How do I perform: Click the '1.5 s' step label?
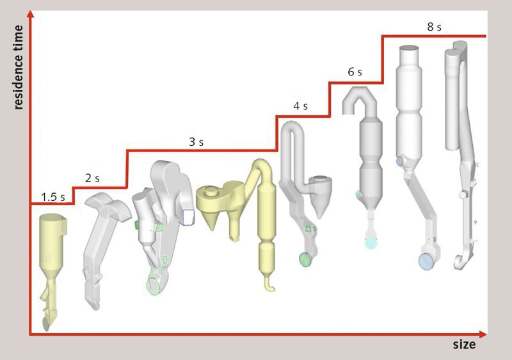click(53, 197)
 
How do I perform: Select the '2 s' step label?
click(92, 178)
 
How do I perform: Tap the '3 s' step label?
click(196, 142)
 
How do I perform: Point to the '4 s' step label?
click(300, 106)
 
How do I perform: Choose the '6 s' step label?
click(355, 72)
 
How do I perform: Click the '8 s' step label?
click(434, 27)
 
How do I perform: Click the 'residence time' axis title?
click(19, 67)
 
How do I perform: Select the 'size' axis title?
click(464, 345)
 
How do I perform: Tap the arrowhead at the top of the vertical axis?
click(30, 13)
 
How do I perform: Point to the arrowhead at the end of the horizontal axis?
click(483, 334)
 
